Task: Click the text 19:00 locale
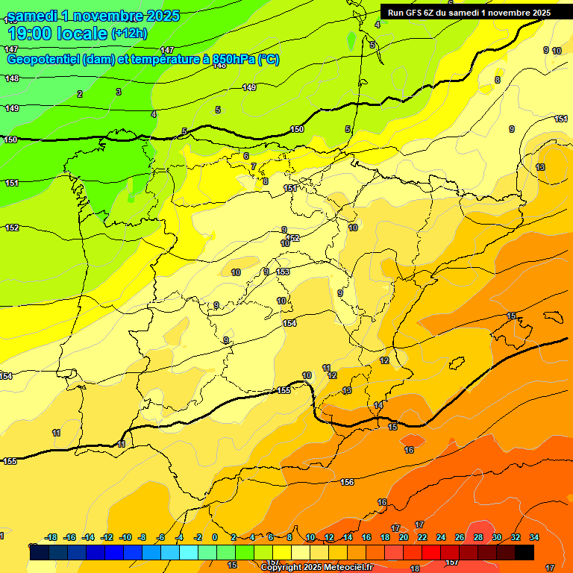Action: click(57, 33)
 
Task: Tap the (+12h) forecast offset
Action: click(129, 33)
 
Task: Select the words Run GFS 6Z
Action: click(413, 13)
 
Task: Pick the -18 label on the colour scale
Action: click(51, 537)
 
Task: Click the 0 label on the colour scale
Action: click(214, 537)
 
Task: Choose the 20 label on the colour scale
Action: click(403, 537)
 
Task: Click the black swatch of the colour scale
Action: click(524, 552)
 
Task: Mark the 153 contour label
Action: click(283, 272)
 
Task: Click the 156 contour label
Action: click(347, 483)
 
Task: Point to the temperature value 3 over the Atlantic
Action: click(118, 92)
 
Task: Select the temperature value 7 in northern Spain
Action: click(254, 166)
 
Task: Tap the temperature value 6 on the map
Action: click(245, 156)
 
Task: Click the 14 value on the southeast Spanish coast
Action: click(378, 405)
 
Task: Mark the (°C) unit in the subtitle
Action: click(269, 60)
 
